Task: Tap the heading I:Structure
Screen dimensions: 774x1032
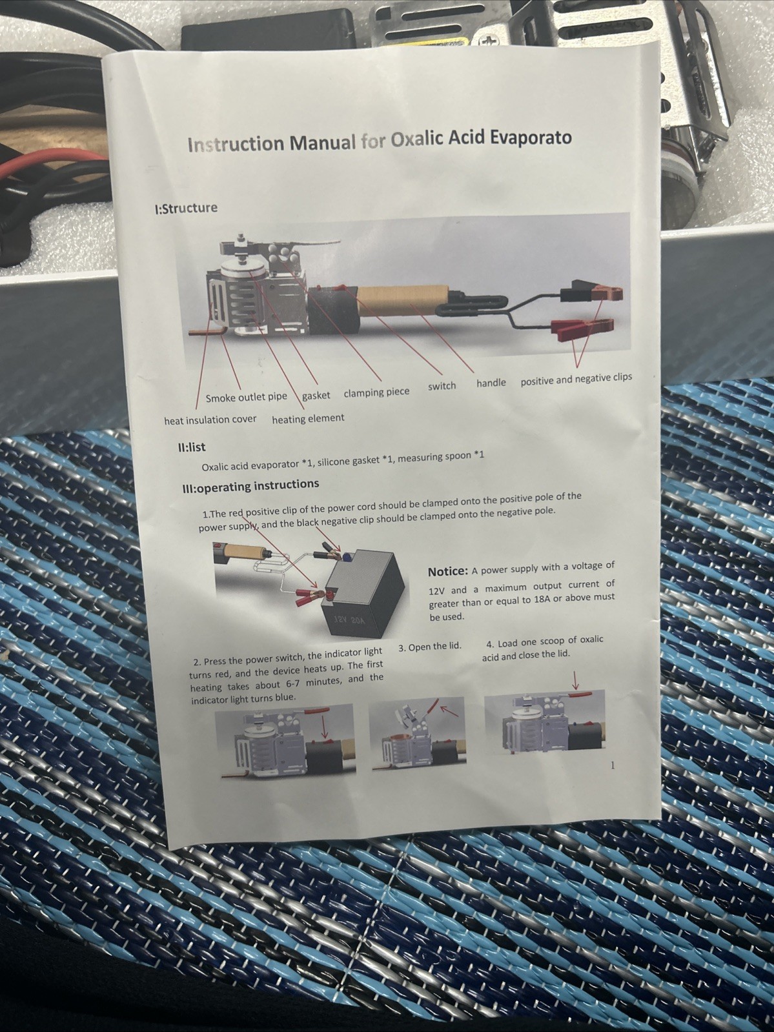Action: pos(186,208)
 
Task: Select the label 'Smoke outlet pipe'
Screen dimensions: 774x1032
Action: pos(246,398)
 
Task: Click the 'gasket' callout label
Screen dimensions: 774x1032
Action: pos(316,396)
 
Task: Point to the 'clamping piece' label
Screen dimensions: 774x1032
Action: pos(376,392)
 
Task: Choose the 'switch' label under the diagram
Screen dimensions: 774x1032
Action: pos(442,386)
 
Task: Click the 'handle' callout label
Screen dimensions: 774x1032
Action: pos(491,383)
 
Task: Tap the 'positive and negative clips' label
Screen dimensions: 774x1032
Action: pos(576,378)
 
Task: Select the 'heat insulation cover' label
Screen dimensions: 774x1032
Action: pos(210,420)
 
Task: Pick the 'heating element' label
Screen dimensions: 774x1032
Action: pos(308,418)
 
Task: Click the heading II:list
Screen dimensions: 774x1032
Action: pos(189,447)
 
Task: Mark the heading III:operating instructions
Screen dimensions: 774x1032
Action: pos(250,486)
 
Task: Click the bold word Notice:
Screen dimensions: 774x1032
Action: pos(447,572)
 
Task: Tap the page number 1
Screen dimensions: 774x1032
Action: pos(612,765)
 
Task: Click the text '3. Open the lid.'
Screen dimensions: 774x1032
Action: pos(430,647)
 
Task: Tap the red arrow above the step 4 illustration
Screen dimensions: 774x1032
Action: pos(575,680)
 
